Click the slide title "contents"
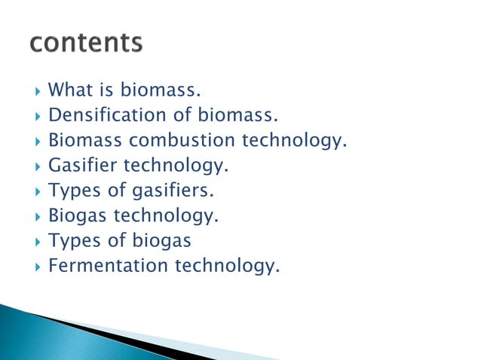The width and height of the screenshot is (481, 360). coord(85,44)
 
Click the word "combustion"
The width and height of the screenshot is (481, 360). coord(182,141)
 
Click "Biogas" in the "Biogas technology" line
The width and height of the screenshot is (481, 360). coord(78,216)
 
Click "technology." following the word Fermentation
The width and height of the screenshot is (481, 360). coord(227,266)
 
